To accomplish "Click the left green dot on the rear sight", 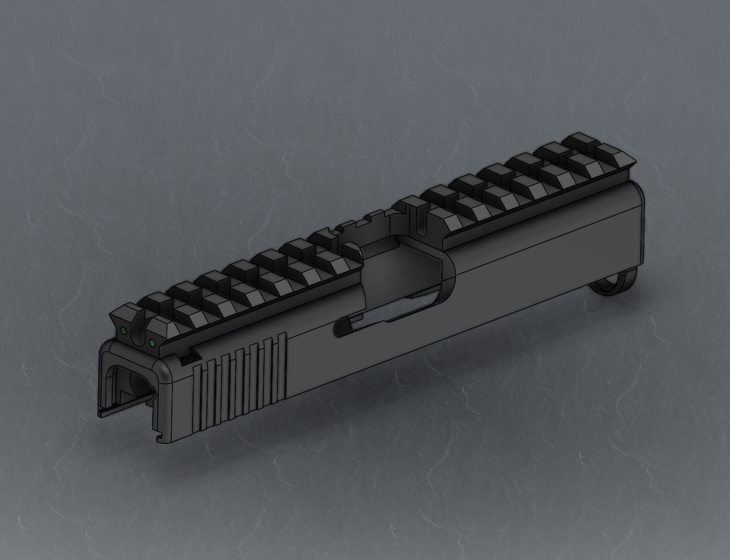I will coord(124,330).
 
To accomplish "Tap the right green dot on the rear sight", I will coord(152,342).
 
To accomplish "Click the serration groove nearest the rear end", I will coord(198,393).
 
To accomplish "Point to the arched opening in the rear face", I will coord(128,381).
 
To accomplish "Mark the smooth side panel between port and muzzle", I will coord(535,262).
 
